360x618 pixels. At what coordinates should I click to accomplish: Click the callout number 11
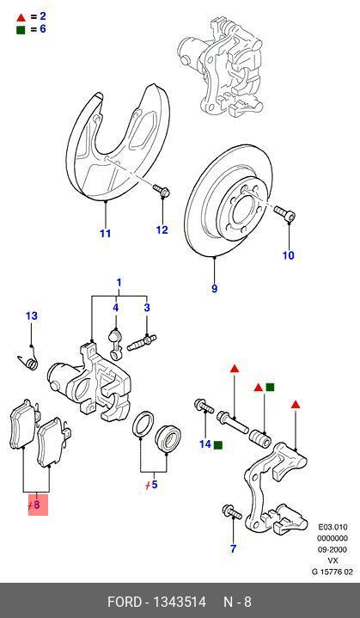point(105,233)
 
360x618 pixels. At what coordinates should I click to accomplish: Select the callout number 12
point(162,229)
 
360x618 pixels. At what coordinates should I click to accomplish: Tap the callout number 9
point(215,288)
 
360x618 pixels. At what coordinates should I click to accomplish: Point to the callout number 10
point(289,255)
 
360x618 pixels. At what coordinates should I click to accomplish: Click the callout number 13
point(31,316)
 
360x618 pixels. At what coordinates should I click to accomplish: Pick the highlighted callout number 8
point(35,505)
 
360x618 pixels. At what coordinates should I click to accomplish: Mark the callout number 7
point(233,548)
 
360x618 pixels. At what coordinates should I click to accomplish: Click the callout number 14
point(204,444)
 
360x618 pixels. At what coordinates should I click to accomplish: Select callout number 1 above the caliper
point(119,283)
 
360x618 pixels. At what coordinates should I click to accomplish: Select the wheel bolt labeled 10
point(284,212)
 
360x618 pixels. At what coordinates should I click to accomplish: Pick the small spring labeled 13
point(29,361)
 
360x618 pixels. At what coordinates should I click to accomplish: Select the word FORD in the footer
point(127,602)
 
